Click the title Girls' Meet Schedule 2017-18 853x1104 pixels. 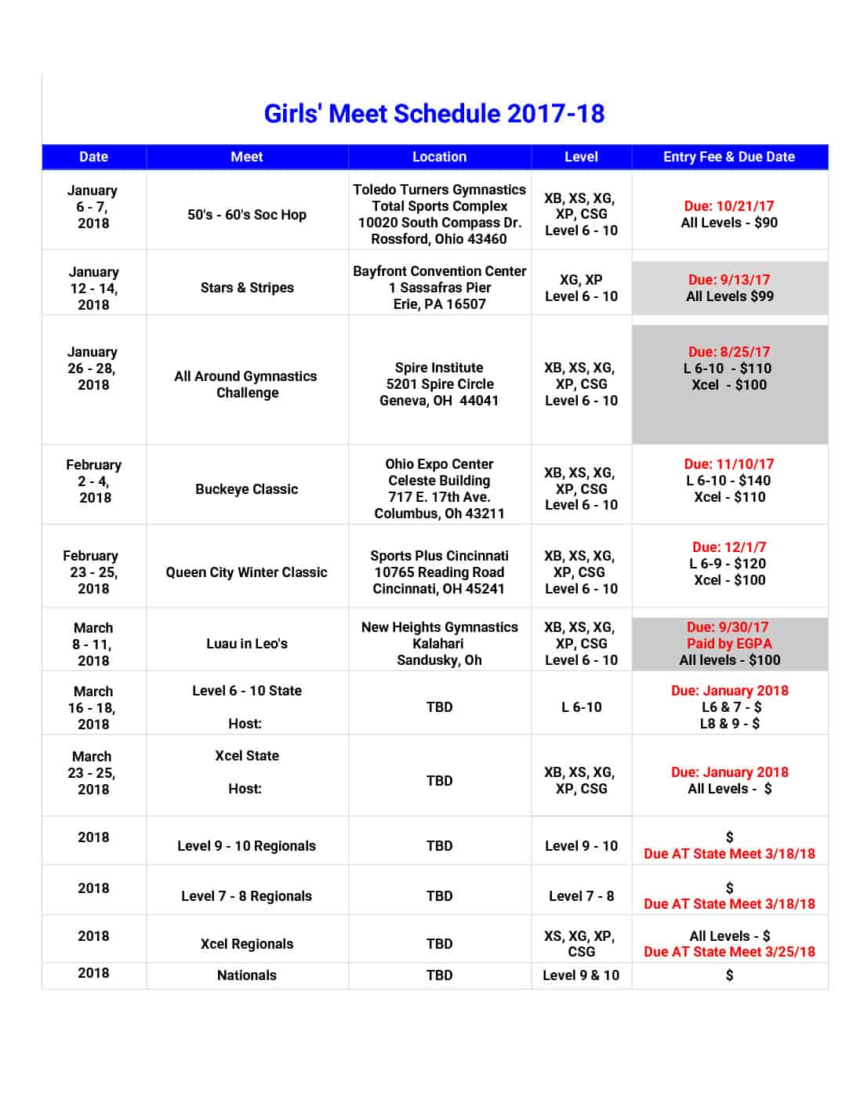coord(434,114)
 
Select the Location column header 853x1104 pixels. coord(439,157)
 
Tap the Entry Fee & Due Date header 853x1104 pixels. coord(728,157)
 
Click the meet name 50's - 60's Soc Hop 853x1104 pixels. coord(247,215)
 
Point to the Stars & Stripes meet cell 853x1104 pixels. coord(247,288)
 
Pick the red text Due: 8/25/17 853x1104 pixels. coord(729,352)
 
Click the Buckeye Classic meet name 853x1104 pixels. coord(247,489)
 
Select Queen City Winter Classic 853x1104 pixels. coord(246,572)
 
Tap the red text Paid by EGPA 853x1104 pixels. coord(729,644)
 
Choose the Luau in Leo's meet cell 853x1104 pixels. coord(247,644)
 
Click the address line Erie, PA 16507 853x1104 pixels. coord(439,304)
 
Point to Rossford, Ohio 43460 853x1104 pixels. coord(439,239)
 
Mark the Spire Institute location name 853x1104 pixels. coord(439,368)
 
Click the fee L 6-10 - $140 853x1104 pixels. coord(728,481)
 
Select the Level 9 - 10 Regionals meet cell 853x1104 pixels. coord(246,846)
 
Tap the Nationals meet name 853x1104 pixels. coord(247,975)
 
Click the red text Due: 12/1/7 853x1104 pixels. coord(729,547)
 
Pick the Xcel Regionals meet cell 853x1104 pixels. coord(247,944)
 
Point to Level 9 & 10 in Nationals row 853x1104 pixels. coord(581,975)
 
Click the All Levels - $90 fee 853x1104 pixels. coord(729,223)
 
